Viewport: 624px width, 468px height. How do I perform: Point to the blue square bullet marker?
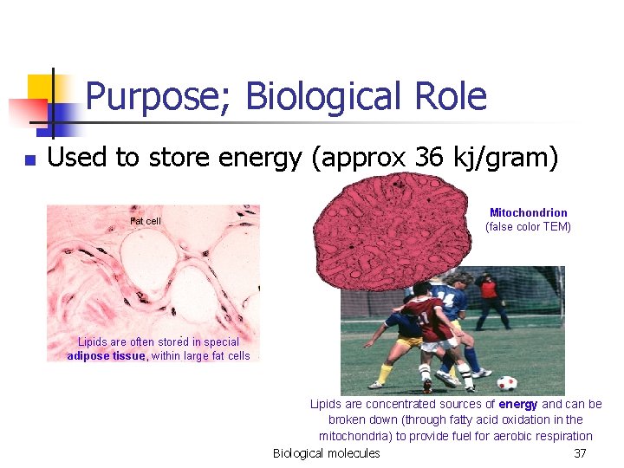(x=29, y=159)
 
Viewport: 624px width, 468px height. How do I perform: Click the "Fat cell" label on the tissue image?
(x=146, y=221)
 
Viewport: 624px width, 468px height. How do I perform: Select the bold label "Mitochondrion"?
(x=528, y=212)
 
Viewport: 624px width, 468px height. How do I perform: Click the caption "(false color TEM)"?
(x=528, y=227)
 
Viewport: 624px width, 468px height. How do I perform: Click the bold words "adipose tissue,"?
(x=107, y=355)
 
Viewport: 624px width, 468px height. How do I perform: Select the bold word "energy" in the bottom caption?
(x=517, y=404)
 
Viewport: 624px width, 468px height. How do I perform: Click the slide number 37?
(x=580, y=453)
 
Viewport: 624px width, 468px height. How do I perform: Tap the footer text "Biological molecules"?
(x=326, y=453)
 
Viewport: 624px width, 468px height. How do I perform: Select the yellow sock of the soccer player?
(x=386, y=372)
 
